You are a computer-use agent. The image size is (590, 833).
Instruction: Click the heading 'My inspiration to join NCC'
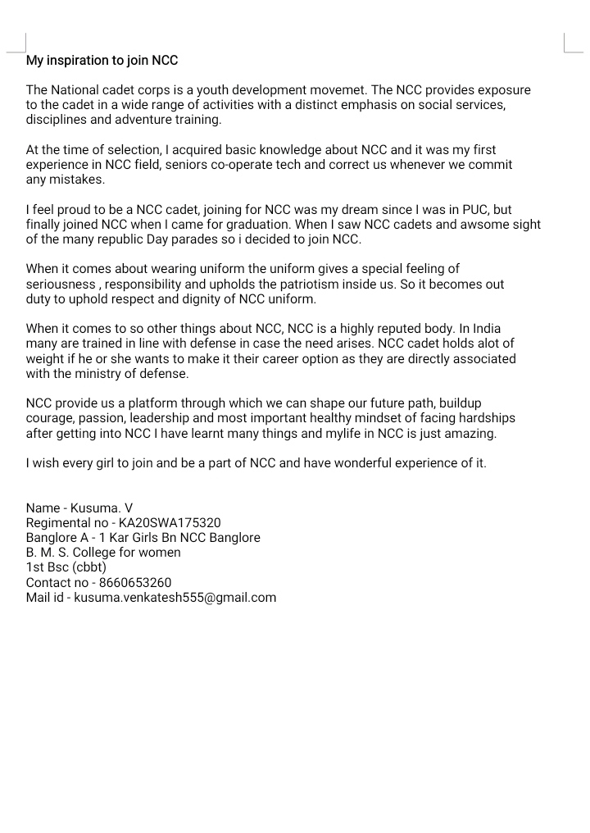(x=102, y=61)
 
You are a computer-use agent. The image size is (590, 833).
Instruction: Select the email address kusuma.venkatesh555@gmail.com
(x=175, y=598)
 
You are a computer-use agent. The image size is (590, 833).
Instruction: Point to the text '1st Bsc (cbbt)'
(x=66, y=568)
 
